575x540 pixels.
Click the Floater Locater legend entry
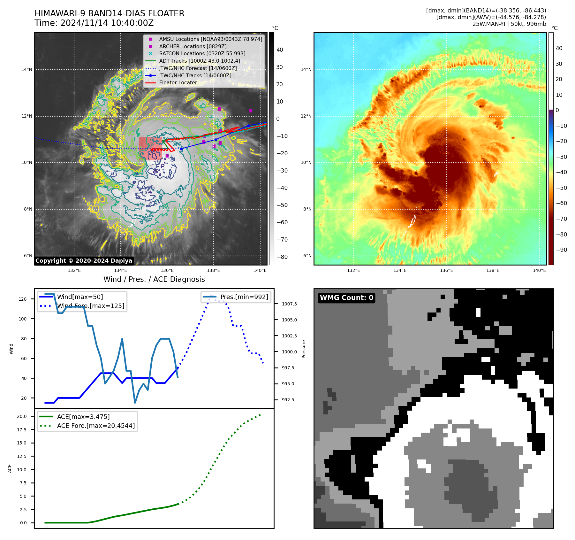[x=178, y=83]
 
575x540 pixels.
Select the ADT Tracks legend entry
[x=199, y=61]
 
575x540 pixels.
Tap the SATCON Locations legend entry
[x=202, y=54]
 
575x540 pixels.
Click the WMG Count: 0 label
[x=346, y=298]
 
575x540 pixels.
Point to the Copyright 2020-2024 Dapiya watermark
[x=84, y=261]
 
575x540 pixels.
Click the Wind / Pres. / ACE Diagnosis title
[x=154, y=280]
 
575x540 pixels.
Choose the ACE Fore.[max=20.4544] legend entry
[x=96, y=426]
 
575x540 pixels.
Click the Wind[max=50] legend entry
[x=80, y=297]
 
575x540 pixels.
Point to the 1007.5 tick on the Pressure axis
[x=289, y=304]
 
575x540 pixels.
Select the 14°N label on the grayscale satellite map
[x=27, y=70]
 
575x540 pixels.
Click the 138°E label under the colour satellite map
[x=493, y=271]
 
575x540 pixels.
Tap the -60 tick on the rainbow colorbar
[x=561, y=204]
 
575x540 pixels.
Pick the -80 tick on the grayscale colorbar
[x=282, y=257]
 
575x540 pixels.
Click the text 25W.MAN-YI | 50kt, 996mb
[x=509, y=24]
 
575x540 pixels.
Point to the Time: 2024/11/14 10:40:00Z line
[x=94, y=23]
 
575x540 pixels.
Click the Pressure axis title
[x=304, y=349]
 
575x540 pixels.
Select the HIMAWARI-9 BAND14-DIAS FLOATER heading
[x=109, y=13]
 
